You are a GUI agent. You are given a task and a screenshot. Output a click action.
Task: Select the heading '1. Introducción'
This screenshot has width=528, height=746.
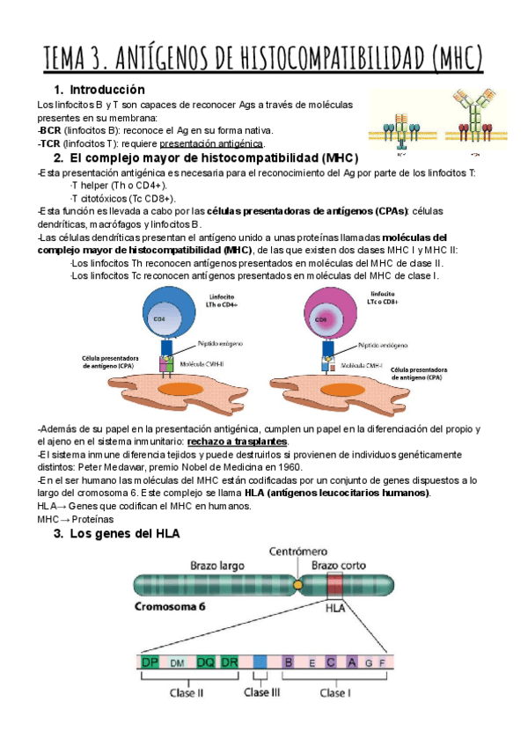[x=99, y=90]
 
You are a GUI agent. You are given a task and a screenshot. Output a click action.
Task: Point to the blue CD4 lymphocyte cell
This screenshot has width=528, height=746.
[x=172, y=320]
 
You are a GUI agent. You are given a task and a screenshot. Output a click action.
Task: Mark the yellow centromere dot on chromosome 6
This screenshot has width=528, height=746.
[x=298, y=583]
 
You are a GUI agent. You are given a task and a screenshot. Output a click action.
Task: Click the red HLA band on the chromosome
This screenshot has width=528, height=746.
[x=334, y=584]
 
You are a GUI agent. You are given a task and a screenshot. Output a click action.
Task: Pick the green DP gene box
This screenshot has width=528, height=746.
[x=150, y=662]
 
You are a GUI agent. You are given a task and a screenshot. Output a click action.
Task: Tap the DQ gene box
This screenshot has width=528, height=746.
[x=205, y=662]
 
